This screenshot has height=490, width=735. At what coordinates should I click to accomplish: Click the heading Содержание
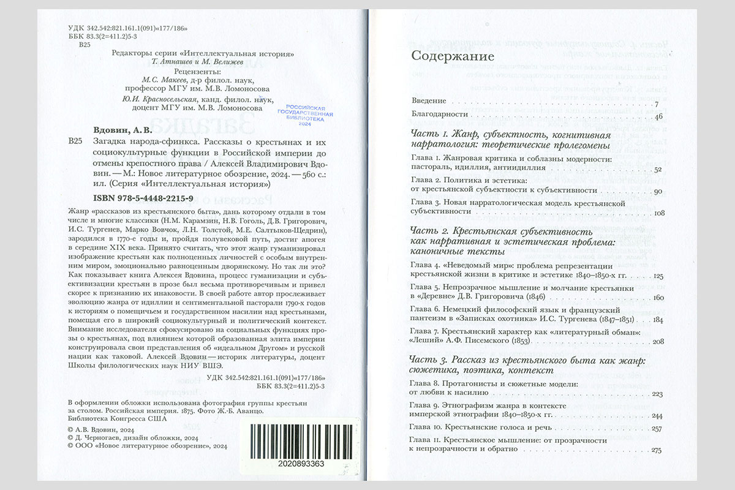pos(452,57)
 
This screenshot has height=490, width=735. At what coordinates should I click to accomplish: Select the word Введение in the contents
pos(429,100)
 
